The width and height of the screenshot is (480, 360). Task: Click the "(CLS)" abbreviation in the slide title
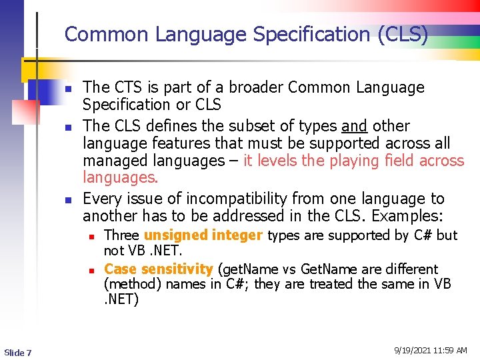(x=403, y=34)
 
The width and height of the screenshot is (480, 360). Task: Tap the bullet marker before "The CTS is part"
(x=67, y=88)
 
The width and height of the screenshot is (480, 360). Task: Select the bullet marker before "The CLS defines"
(x=67, y=127)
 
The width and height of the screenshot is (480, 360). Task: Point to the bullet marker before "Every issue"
(x=67, y=199)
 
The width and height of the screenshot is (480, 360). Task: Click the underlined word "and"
(x=354, y=126)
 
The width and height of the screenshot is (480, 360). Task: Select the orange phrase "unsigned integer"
(x=203, y=235)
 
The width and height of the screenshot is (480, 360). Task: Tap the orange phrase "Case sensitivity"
(x=158, y=269)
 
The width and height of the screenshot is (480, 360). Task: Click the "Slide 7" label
(x=17, y=352)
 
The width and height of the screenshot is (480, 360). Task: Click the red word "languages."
(x=121, y=178)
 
